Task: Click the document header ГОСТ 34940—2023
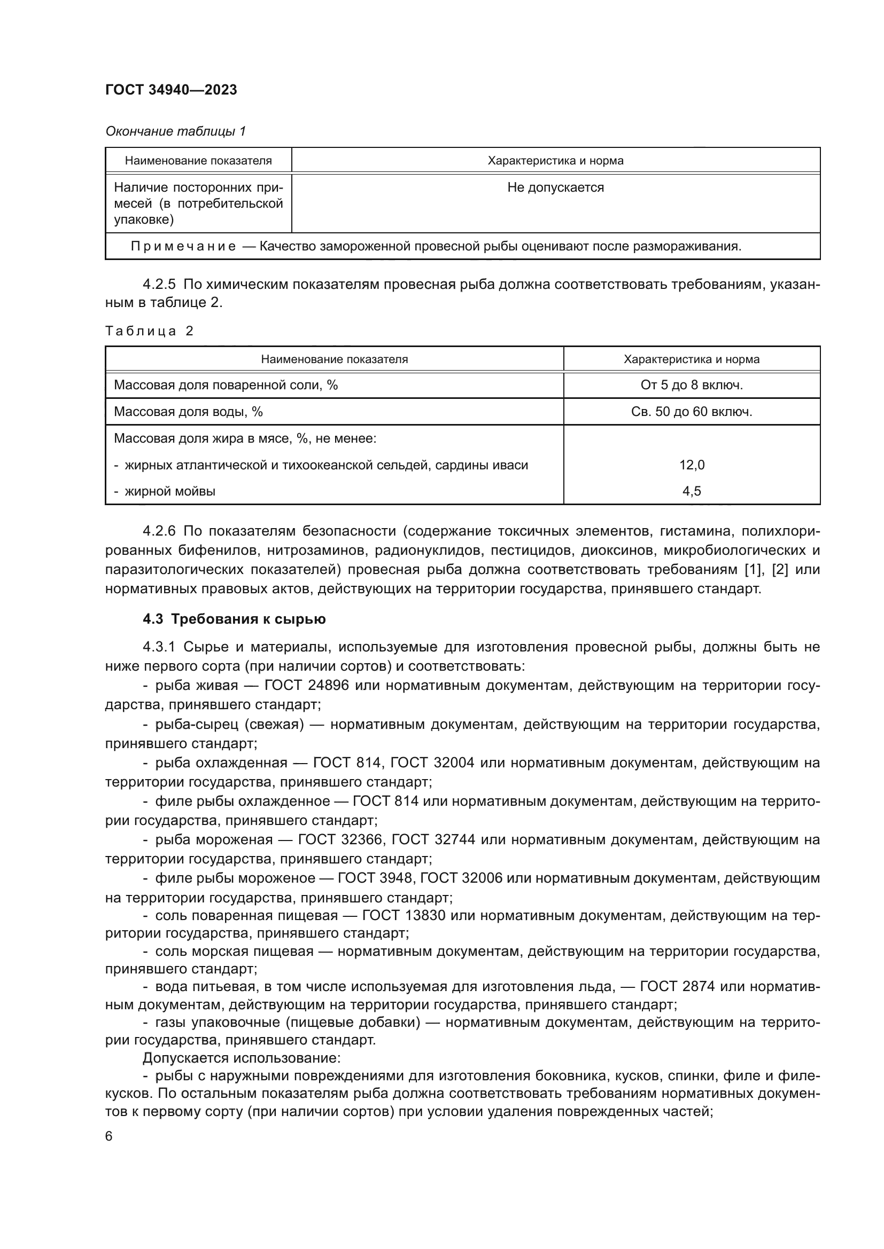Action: [x=171, y=90]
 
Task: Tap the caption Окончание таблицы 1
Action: [x=175, y=131]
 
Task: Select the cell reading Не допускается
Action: [x=555, y=187]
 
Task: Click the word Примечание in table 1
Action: [x=183, y=246]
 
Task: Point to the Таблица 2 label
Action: [x=149, y=331]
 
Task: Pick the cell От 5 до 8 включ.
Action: [x=691, y=385]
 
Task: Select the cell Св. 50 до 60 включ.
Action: [x=691, y=412]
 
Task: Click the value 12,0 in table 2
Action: [x=691, y=465]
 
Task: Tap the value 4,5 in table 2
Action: [x=691, y=491]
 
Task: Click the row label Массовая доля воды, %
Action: [x=188, y=412]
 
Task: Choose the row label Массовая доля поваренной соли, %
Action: [x=226, y=385]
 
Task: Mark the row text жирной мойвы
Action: [x=169, y=491]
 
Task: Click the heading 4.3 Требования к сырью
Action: [x=234, y=619]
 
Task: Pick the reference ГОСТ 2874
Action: [x=677, y=986]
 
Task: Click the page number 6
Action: [x=109, y=1136]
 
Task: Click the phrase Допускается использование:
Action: [x=242, y=1058]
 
